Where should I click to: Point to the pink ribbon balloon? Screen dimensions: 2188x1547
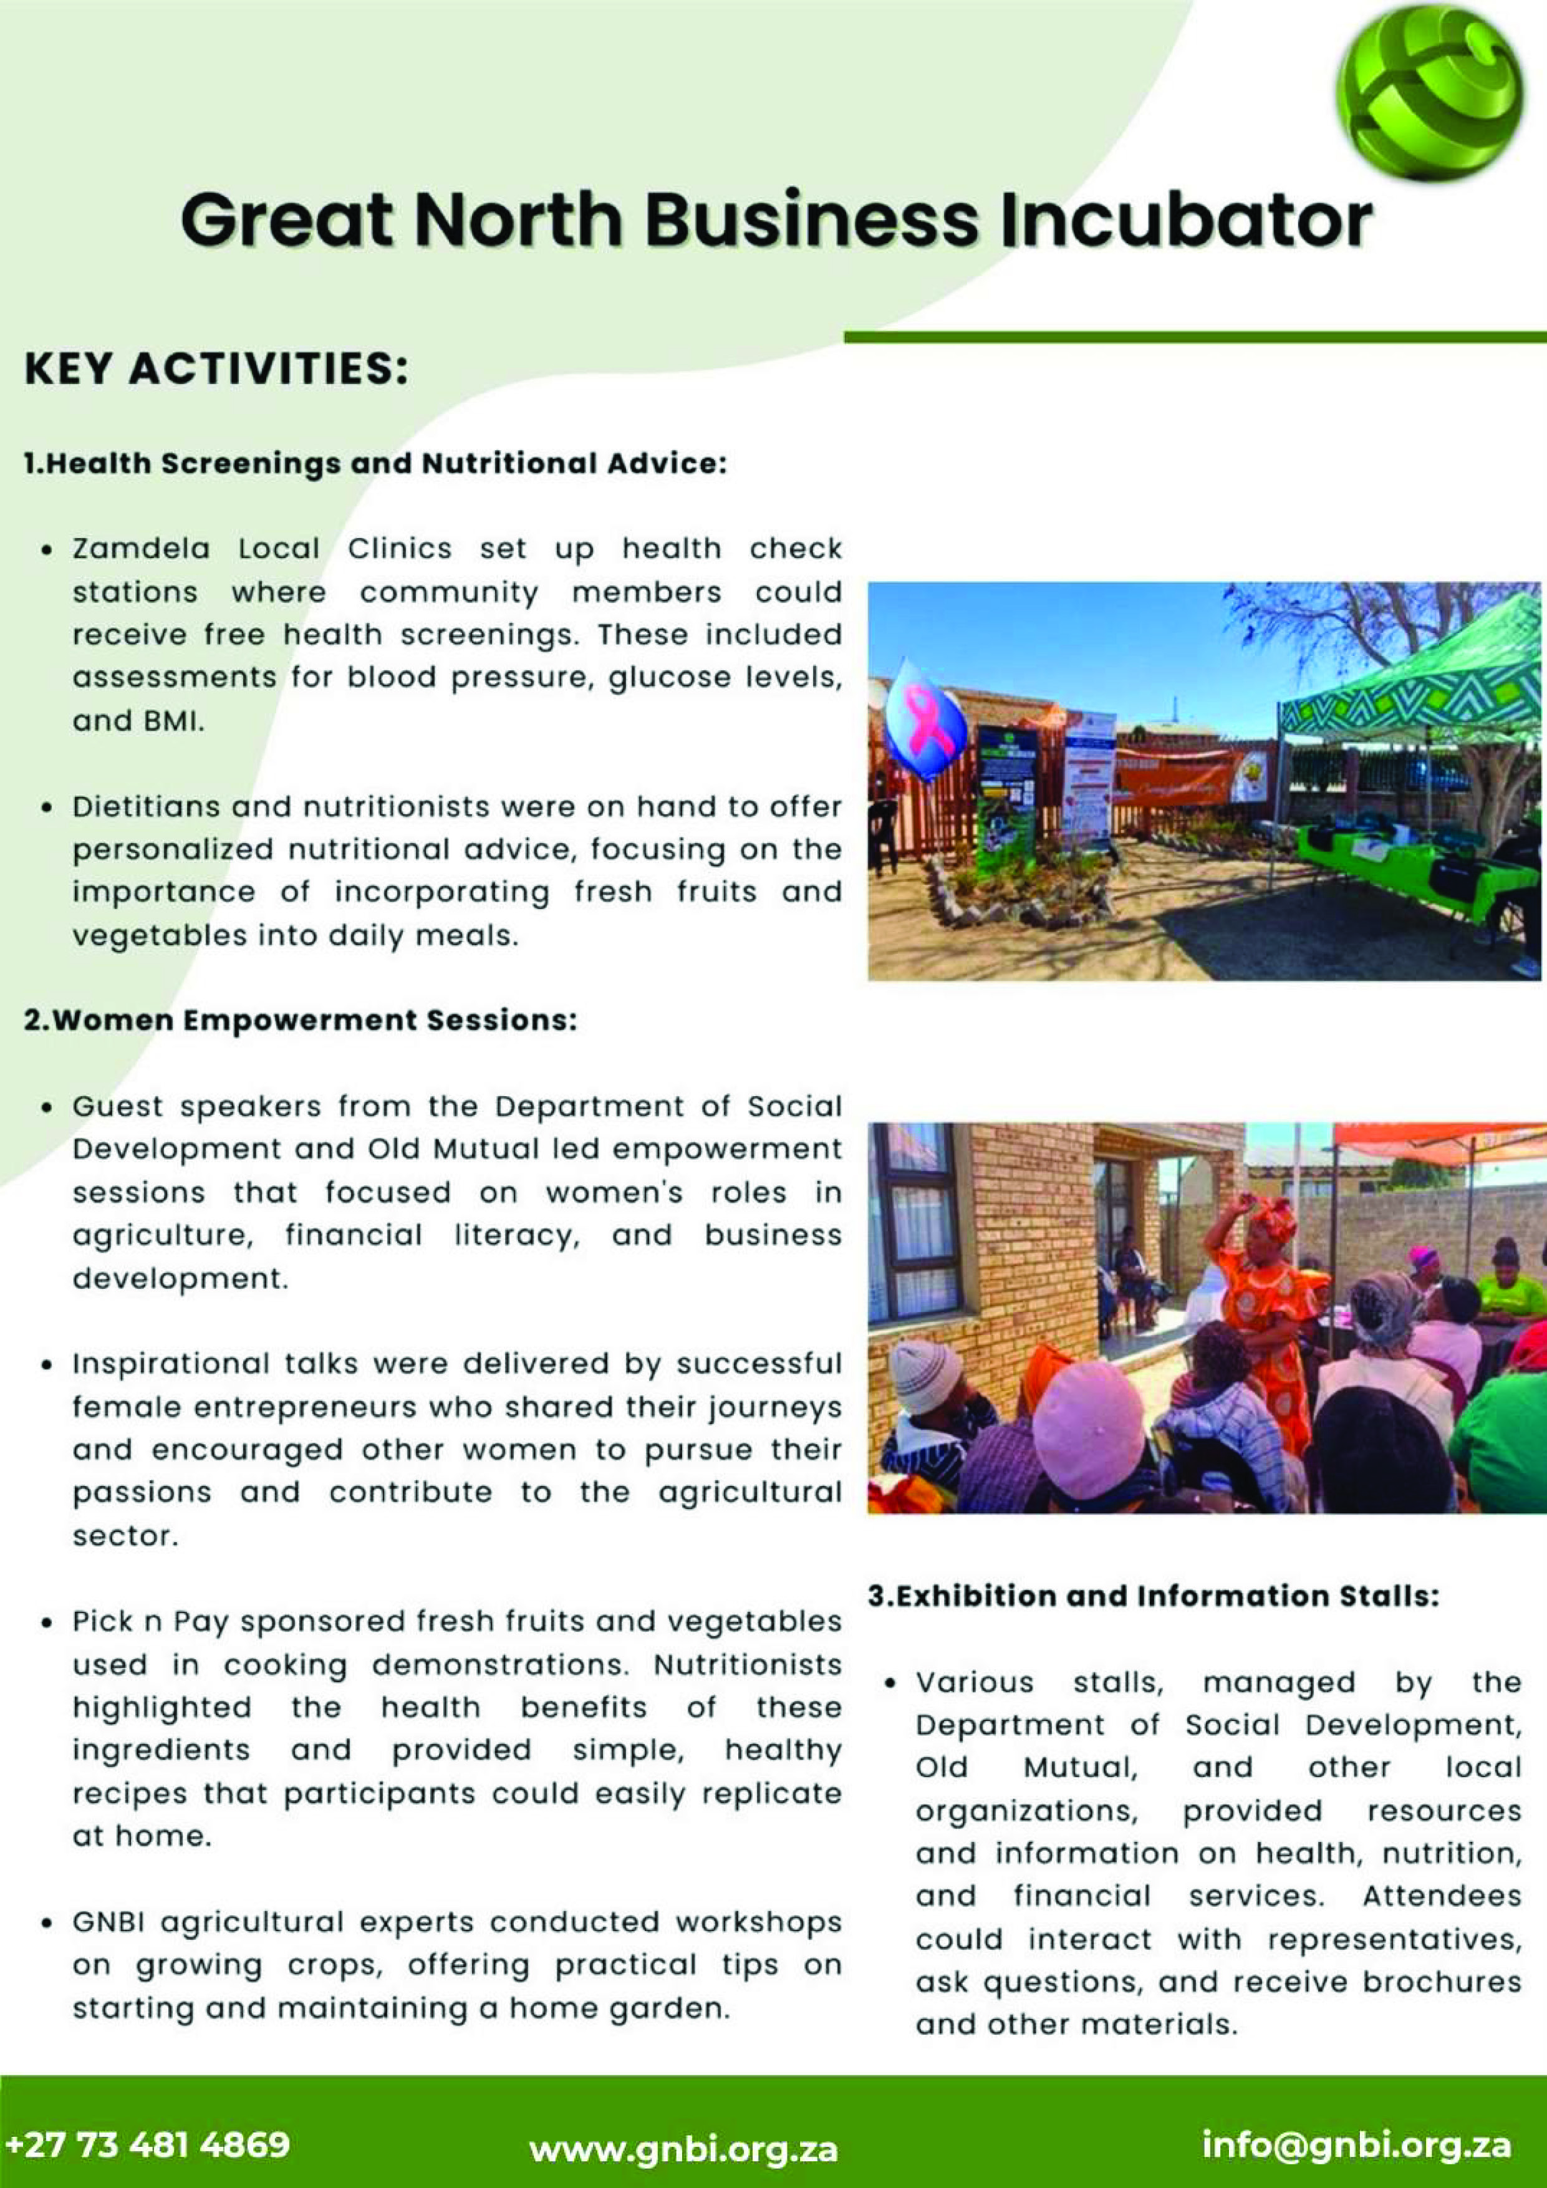pyautogui.click(x=925, y=721)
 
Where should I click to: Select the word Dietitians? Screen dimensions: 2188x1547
pyautogui.click(x=143, y=807)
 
